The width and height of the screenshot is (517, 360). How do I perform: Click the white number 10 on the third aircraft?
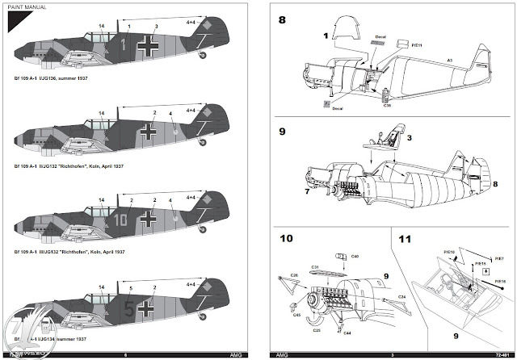121,218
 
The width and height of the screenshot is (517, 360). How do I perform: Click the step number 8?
283,19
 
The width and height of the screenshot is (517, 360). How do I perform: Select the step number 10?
285,238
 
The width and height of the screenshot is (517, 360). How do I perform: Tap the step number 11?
405,238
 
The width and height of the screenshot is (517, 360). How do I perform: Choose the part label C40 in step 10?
355,256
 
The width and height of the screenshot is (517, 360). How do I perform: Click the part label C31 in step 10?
315,268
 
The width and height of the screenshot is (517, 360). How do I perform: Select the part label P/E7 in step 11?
500,258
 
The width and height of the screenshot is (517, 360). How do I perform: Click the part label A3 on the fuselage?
449,60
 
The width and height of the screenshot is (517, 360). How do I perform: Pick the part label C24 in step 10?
401,297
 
